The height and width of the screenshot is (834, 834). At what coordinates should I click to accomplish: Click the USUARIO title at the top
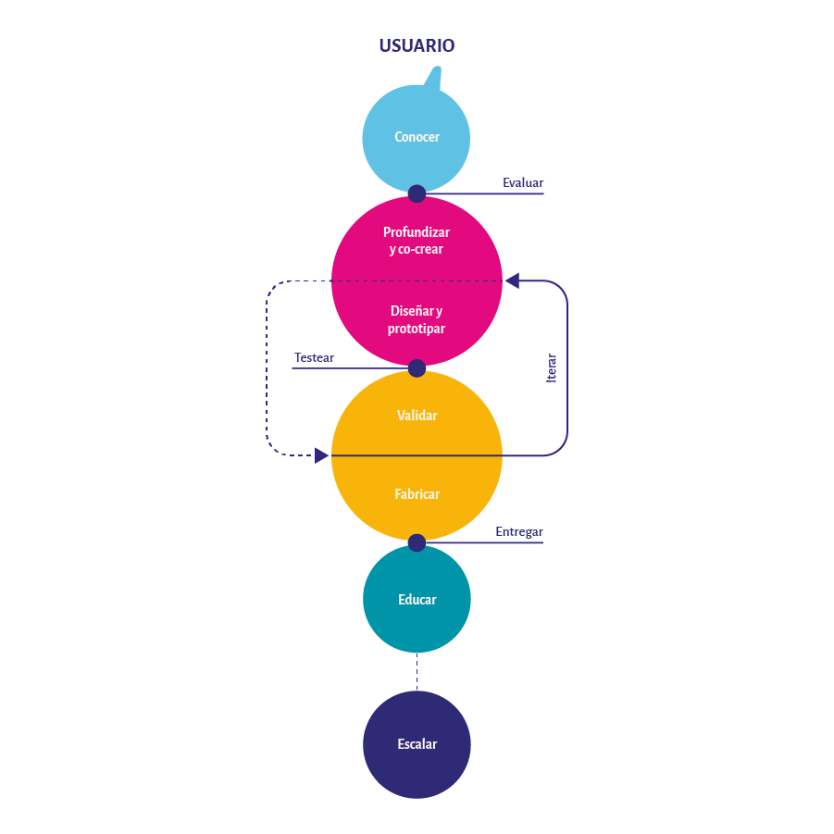pos(417,45)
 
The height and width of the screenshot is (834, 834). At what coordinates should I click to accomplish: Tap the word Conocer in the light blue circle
pos(417,137)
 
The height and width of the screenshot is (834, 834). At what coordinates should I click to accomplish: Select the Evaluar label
pos(523,182)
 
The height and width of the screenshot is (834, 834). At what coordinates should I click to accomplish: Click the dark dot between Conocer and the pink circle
pos(417,193)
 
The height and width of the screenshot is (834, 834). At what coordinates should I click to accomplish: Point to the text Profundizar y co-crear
pos(417,241)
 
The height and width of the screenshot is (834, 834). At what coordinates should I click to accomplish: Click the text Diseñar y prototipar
pos(417,319)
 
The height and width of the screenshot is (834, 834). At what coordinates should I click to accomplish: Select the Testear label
pos(314,357)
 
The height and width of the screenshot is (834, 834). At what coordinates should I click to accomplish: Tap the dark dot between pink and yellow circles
pos(417,368)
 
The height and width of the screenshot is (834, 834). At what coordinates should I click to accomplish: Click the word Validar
pos(417,416)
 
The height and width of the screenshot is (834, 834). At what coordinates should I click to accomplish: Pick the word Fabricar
pos(417,494)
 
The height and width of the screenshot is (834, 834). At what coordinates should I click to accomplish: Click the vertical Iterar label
pos(552,368)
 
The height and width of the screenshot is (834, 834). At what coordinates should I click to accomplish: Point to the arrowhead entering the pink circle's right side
pos(512,280)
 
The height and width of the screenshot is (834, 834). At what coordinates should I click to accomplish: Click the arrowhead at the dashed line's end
pos(321,455)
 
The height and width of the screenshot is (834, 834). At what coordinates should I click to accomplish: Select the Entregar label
pos(518,531)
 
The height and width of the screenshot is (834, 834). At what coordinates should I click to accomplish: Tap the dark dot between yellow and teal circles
pos(417,542)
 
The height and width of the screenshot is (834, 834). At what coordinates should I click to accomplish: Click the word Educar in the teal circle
pos(417,600)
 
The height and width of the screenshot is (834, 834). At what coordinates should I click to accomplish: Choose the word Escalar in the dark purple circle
pos(417,744)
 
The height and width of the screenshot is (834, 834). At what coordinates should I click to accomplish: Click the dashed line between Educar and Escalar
pos(417,672)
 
